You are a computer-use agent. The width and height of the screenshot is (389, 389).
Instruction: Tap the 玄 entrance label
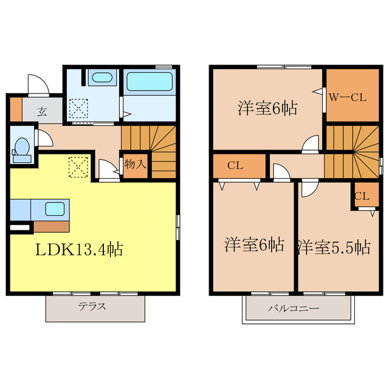[42, 111]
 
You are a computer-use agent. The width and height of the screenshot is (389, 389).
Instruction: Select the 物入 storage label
[134, 164]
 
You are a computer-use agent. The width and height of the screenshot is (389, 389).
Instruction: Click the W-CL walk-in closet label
[347, 96]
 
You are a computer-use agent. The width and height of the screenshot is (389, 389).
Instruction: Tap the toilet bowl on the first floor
[22, 147]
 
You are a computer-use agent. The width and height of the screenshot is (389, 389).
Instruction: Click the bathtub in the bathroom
[149, 81]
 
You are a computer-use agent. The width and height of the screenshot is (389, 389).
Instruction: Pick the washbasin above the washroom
[100, 78]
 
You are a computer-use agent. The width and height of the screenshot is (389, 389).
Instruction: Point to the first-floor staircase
[150, 152]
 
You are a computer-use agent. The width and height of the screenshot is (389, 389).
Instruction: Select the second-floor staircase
[353, 152]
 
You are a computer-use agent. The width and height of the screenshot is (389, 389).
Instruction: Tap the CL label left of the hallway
[235, 165]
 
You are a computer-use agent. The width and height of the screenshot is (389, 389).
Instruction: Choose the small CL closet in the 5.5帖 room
[362, 196]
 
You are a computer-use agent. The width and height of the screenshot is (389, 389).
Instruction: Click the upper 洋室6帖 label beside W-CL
[267, 109]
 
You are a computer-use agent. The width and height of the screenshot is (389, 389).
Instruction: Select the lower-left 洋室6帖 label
[254, 245]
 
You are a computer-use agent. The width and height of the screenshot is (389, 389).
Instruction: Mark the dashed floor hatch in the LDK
[78, 167]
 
